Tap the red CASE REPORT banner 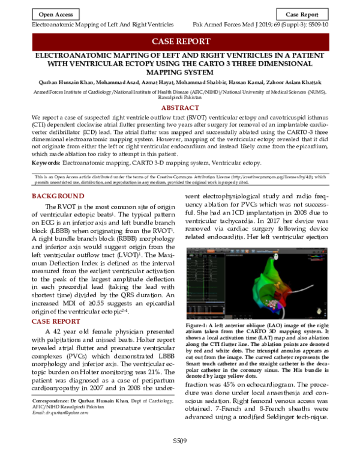click(x=180, y=41)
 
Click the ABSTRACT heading click(x=180, y=108)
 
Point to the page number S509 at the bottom click(x=179, y=458)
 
